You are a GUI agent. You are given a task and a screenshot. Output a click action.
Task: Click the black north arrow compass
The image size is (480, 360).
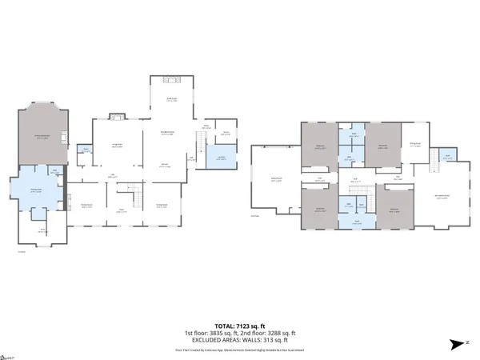click(x=458, y=344)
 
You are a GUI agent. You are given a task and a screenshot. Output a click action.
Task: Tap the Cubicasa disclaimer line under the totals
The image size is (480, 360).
click(x=239, y=350)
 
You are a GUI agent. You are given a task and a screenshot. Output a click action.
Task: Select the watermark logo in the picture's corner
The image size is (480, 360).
click(x=8, y=355)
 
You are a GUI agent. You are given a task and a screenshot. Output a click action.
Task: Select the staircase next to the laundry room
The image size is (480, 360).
click(x=196, y=144)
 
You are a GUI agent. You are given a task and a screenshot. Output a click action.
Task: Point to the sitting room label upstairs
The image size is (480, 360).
click(x=415, y=144)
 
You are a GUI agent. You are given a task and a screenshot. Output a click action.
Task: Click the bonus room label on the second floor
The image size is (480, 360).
click(x=277, y=180)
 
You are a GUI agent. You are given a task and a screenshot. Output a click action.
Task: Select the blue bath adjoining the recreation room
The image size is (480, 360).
click(x=448, y=157)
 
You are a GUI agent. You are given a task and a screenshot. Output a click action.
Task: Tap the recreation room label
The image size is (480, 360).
click(x=441, y=197)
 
